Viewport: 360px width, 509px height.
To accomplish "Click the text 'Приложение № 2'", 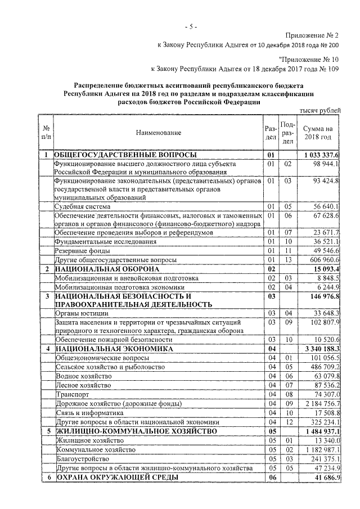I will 312,35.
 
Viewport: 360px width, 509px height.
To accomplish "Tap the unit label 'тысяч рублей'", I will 319,112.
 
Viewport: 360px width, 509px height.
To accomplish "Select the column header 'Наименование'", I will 158,132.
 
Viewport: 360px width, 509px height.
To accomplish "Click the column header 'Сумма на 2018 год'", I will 318,132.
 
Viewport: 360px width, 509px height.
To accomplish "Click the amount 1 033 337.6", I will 320,155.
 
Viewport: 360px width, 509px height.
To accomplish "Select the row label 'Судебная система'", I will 79,206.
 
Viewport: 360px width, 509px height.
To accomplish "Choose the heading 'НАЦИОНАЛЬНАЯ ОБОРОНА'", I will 107,269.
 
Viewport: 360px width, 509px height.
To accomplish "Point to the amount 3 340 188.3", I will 320,349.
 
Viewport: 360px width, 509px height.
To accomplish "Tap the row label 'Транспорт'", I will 70,394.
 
